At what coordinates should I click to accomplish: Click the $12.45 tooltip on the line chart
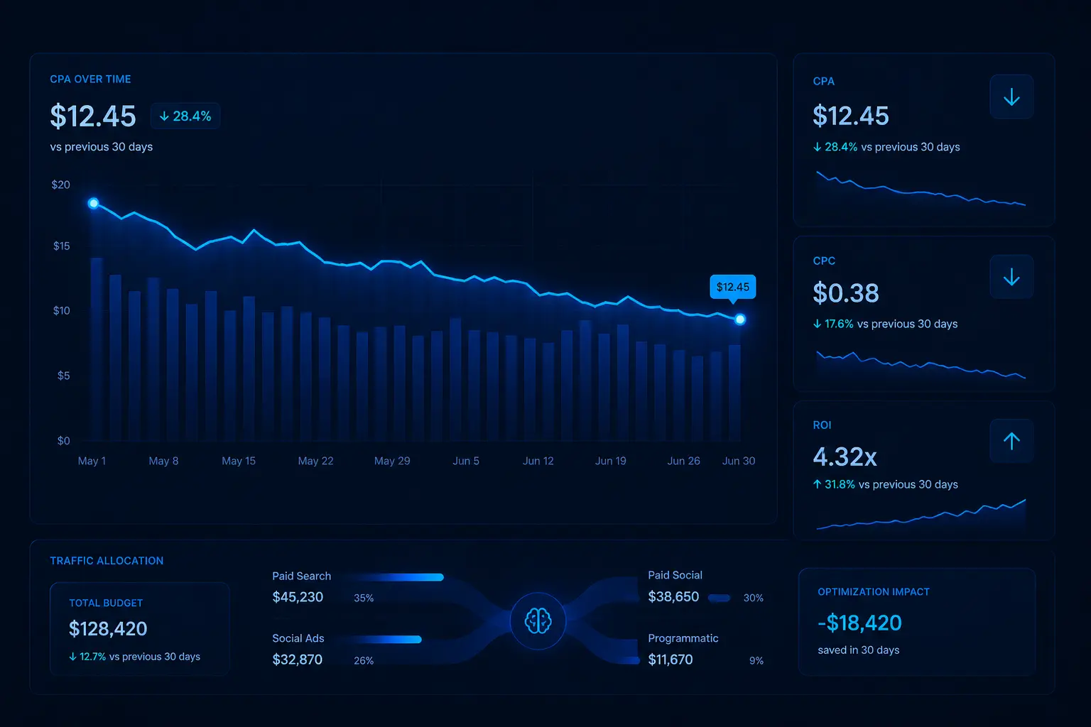click(x=732, y=287)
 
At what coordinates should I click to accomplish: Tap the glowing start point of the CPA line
click(x=93, y=203)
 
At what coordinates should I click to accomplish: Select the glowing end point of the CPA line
click(x=740, y=319)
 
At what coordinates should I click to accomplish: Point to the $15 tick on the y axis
click(x=61, y=246)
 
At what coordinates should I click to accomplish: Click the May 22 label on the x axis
click(x=315, y=461)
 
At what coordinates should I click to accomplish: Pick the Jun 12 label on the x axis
click(x=538, y=461)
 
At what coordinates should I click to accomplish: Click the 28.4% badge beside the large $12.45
click(x=185, y=116)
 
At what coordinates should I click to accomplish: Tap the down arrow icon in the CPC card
click(x=1011, y=277)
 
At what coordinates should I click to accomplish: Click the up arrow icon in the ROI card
click(x=1011, y=441)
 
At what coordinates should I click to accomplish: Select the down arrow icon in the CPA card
click(x=1011, y=97)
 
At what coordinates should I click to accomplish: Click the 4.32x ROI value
click(x=845, y=457)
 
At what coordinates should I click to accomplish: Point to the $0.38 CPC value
click(x=845, y=293)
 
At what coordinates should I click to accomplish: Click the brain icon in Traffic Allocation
click(x=538, y=621)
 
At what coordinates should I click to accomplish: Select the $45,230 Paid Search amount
click(x=298, y=597)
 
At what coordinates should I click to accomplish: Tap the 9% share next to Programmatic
click(x=756, y=660)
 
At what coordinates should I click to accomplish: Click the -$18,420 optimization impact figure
click(x=859, y=623)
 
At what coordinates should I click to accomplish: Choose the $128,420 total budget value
click(x=108, y=628)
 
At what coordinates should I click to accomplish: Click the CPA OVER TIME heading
click(x=90, y=79)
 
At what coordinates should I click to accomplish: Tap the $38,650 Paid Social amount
click(x=673, y=597)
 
